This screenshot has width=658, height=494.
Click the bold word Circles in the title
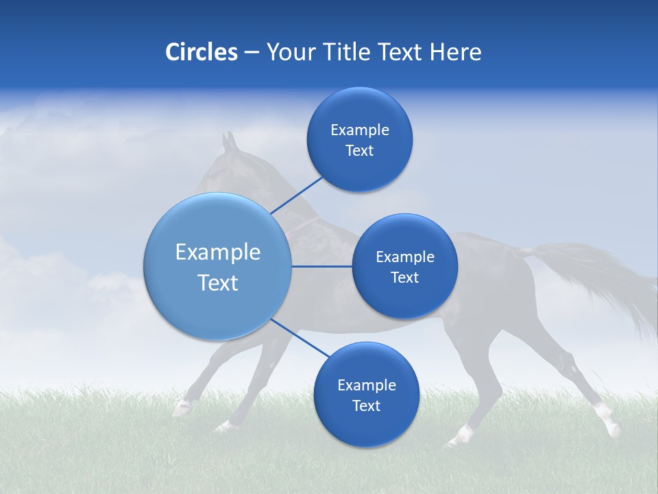(x=201, y=52)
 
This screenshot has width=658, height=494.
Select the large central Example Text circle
(x=218, y=266)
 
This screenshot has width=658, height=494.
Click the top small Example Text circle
(x=359, y=139)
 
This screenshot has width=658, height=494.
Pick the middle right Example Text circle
(x=404, y=266)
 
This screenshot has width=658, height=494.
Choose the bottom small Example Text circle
(x=366, y=395)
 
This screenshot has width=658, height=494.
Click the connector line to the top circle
(x=297, y=195)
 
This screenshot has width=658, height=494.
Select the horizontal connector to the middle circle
(x=322, y=266)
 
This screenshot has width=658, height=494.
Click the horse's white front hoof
(x=182, y=409)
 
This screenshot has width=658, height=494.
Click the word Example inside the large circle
(x=218, y=252)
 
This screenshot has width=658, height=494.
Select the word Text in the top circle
(x=359, y=151)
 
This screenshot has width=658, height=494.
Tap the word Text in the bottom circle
(x=366, y=406)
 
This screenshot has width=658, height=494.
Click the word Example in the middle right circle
(x=404, y=257)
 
